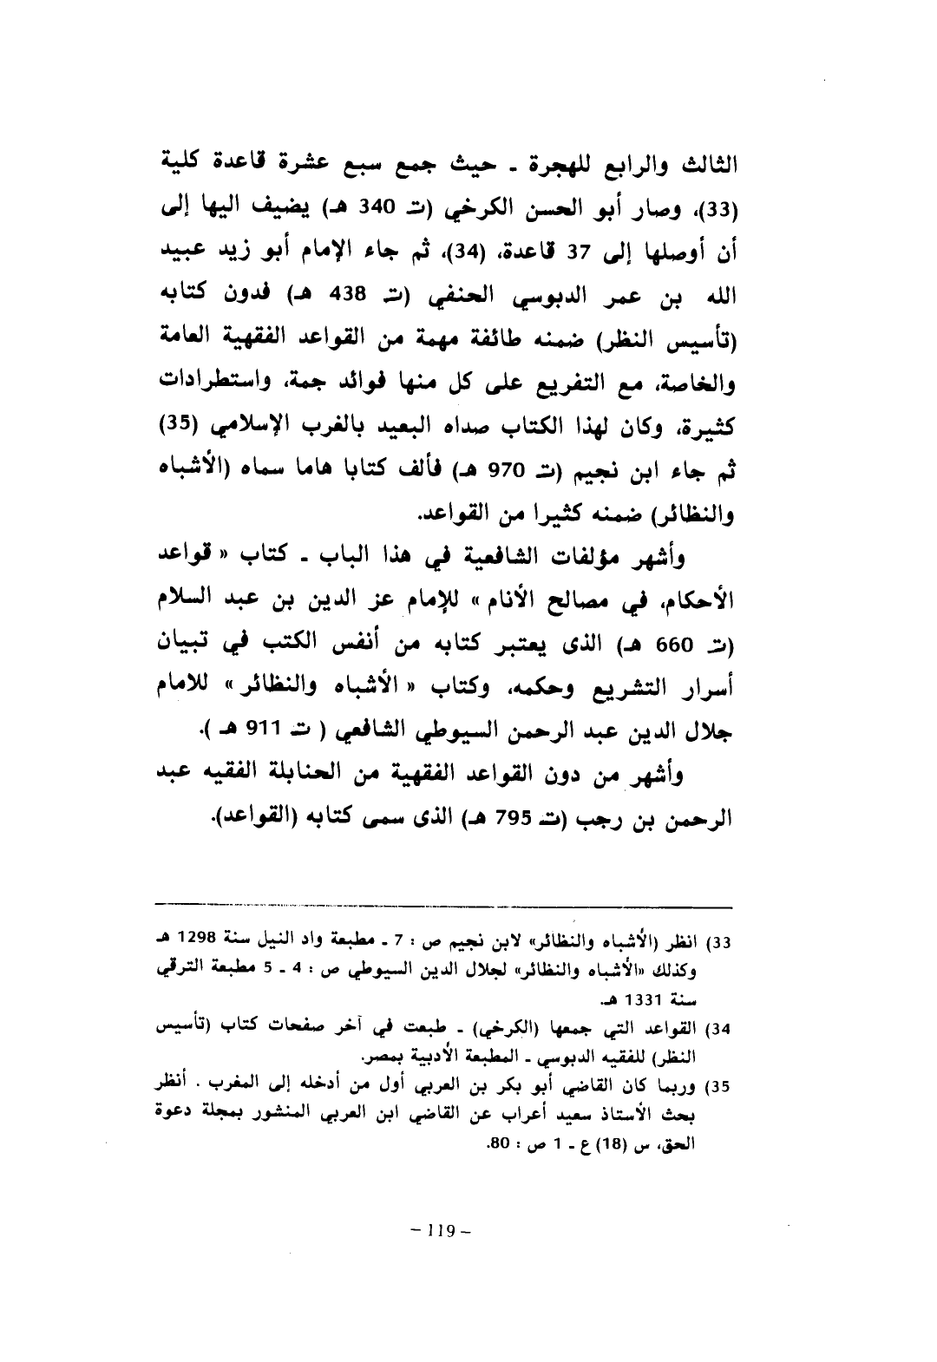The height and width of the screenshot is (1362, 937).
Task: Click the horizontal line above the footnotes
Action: (446, 904)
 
